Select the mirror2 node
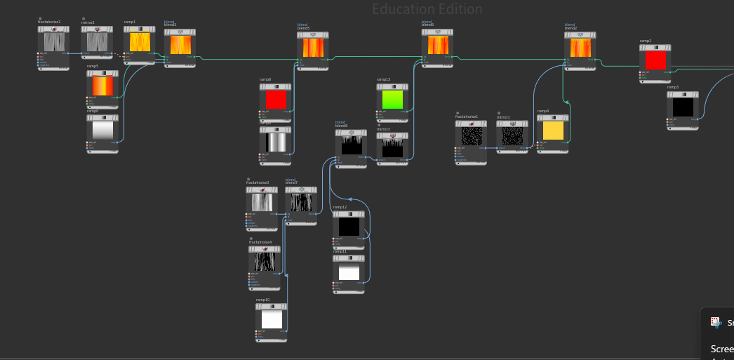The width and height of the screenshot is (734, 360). coord(97,43)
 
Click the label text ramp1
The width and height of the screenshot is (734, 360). coord(130,22)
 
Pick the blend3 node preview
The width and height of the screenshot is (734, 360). coord(180,46)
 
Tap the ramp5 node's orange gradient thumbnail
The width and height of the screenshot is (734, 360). coord(102,86)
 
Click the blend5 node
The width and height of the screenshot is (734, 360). coord(312,48)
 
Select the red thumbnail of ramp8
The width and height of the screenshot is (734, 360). coord(276,100)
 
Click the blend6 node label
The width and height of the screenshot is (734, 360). coord(427,25)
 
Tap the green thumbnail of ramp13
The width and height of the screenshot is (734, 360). coord(392,100)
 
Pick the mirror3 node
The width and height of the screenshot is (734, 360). coord(392,147)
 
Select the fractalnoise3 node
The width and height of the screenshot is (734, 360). coord(262,202)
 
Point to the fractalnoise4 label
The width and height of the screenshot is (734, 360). coord(260,241)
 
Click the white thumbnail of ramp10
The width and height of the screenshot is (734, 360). coord(272,320)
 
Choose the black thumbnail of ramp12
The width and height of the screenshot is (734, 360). coord(349,227)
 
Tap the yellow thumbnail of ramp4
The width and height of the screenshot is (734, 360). coord(553,131)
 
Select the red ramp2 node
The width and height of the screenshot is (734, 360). coord(655,62)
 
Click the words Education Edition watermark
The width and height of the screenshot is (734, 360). coord(427,10)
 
